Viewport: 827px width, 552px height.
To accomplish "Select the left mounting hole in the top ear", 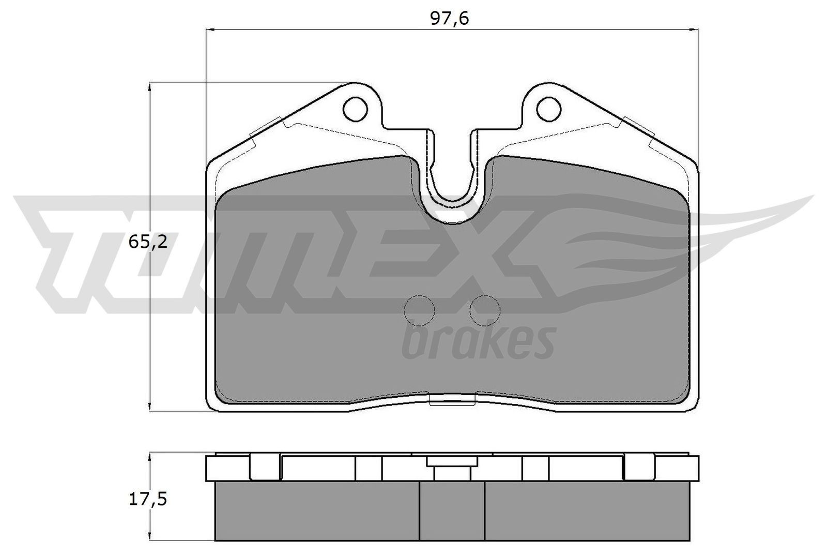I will [x=356, y=109].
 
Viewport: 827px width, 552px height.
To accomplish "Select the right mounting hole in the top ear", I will [x=548, y=109].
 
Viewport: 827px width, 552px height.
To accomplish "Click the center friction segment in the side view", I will [x=452, y=510].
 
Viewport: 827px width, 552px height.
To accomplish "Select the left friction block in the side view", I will [x=316, y=510].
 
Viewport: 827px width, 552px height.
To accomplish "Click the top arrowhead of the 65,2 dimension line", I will [x=149, y=87].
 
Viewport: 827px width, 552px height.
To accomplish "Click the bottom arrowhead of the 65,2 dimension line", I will [x=149, y=407].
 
